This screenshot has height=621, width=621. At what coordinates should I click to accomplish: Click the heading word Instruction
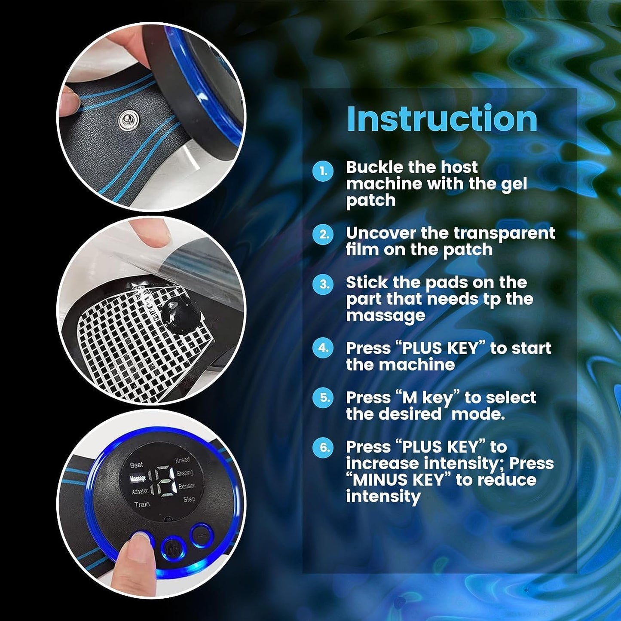[442, 119]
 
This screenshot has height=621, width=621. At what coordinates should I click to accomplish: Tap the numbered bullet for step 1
[323, 171]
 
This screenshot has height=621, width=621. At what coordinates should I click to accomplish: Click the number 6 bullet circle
[323, 448]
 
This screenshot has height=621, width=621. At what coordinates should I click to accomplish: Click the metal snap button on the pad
[126, 120]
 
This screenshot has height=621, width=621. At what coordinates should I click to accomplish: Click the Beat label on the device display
[136, 465]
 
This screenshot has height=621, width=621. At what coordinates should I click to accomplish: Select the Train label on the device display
[142, 504]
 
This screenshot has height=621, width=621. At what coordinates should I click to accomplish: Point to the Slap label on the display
[189, 499]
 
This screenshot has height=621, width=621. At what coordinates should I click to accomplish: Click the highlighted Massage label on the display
[138, 479]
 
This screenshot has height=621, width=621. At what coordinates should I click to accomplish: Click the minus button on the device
[202, 535]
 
